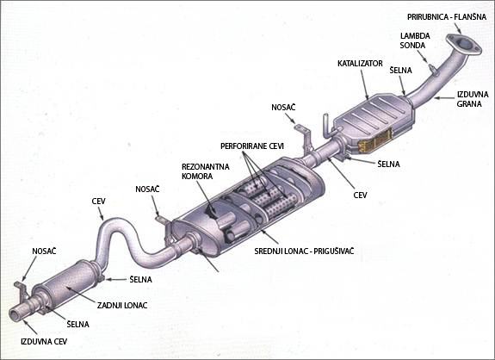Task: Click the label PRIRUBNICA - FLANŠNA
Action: pos(447,17)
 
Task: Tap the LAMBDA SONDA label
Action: pos(414,40)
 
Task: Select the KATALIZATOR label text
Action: pos(360,64)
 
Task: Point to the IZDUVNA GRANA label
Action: pos(473,99)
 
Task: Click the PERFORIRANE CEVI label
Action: pos(252,146)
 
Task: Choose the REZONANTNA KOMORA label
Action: pos(206,171)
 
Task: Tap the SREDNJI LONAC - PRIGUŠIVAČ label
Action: pos(304,251)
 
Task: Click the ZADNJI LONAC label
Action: pos(122,306)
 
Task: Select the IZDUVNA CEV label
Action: pos(44,341)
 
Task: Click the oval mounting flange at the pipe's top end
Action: pos(463,44)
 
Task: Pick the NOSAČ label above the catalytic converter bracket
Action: pos(283,108)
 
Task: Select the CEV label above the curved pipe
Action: pos(98,202)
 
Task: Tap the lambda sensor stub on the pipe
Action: pos(434,70)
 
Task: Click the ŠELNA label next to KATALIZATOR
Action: pos(400,70)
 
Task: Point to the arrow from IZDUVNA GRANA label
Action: pos(444,98)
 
